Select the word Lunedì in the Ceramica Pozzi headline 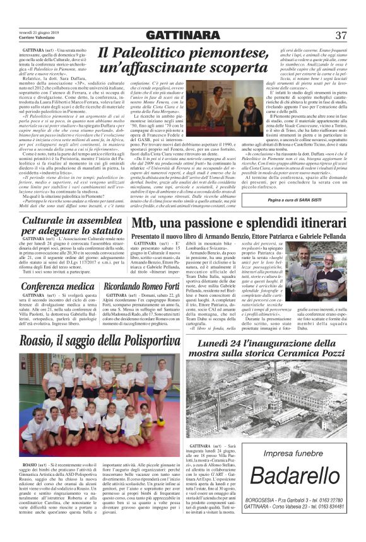(217, 342)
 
